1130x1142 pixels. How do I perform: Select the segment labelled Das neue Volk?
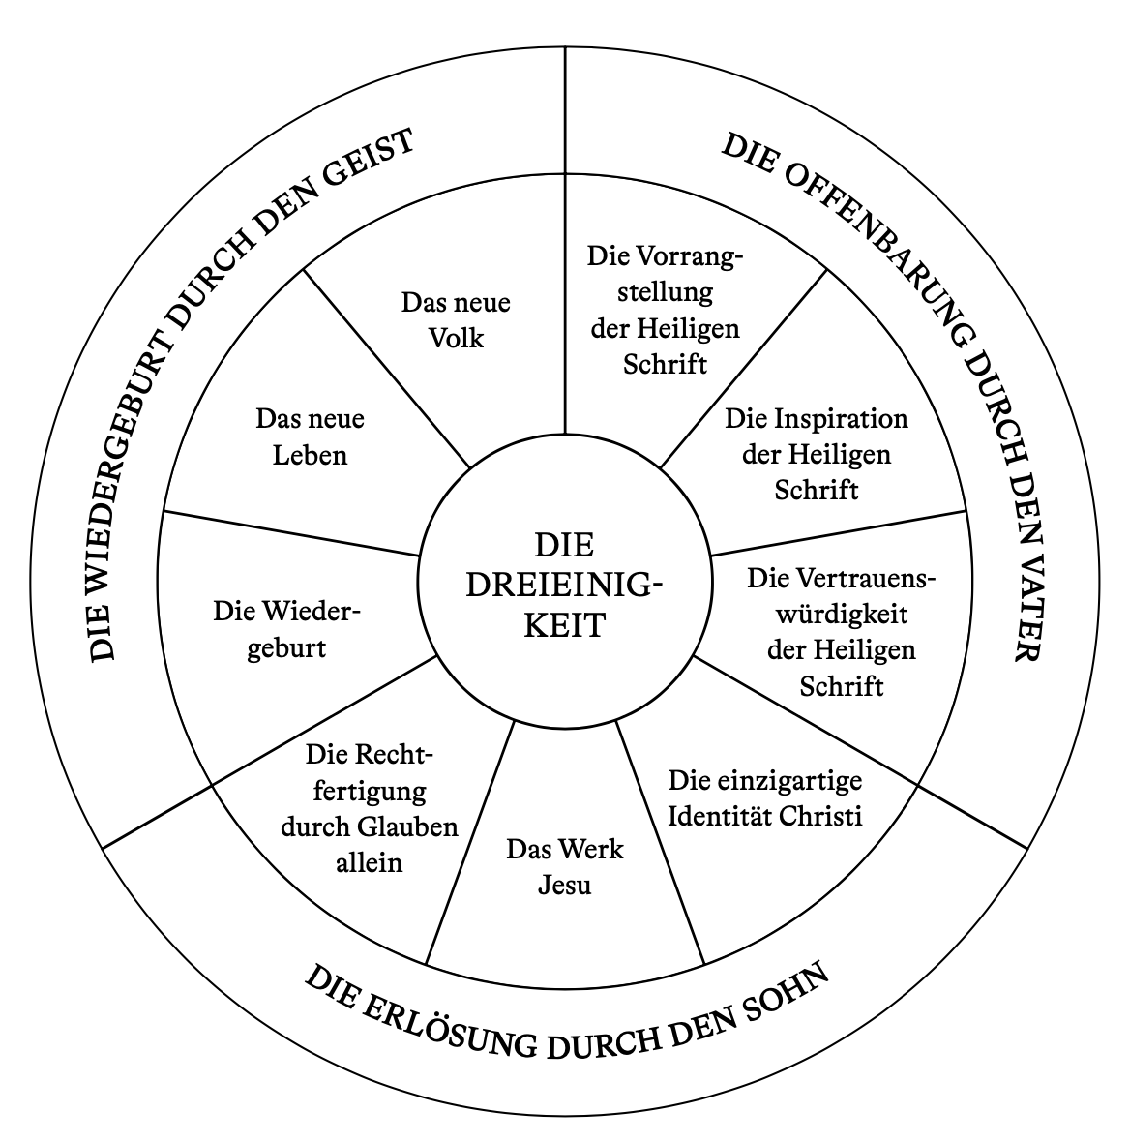[456, 320]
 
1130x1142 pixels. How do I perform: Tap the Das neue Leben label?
[310, 436]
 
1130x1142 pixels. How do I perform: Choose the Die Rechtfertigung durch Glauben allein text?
[369, 808]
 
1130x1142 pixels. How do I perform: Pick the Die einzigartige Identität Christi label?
[765, 797]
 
